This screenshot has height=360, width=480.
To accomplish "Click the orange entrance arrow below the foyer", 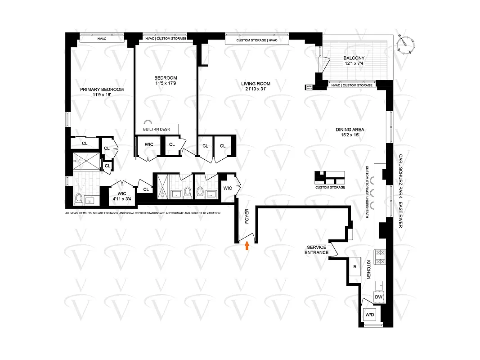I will (x=247, y=245).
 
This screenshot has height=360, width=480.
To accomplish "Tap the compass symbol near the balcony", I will (x=406, y=44).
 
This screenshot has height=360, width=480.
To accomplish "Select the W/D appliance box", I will (x=370, y=314).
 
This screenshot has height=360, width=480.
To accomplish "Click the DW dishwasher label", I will (x=379, y=297).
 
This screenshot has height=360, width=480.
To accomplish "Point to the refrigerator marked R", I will (x=355, y=266).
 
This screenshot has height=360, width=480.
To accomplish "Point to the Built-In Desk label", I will (x=157, y=129).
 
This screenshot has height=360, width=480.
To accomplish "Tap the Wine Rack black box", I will (x=309, y=87).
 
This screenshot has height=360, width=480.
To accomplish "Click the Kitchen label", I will (x=368, y=270).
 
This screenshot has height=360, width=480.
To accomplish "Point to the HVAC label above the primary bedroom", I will (x=102, y=39).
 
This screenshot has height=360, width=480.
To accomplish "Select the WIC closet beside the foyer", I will (x=228, y=188).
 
